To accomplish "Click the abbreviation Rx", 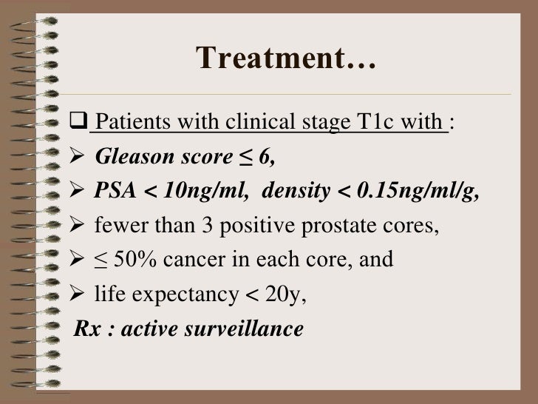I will point(86,329).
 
